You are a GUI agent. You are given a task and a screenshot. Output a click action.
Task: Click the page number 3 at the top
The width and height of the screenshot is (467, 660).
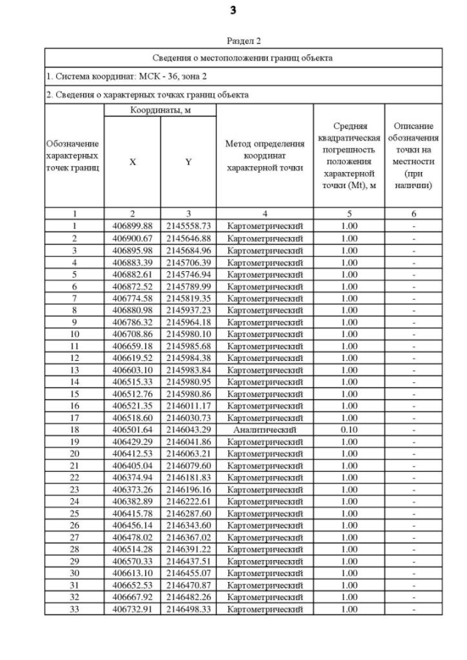click(x=234, y=11)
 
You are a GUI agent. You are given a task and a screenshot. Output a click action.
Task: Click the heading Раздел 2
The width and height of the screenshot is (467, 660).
click(x=234, y=41)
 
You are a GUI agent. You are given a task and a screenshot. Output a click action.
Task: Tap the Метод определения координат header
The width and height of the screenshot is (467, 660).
click(x=265, y=155)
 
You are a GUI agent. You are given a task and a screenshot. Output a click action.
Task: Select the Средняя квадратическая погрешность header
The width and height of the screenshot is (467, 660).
click(x=349, y=155)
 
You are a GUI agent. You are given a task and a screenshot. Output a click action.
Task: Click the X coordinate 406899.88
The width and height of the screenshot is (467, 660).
click(x=132, y=226)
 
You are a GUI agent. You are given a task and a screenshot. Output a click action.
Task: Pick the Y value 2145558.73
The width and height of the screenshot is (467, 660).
click(x=188, y=226)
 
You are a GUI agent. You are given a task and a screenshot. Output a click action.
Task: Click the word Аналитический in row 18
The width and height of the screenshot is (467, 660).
click(x=265, y=430)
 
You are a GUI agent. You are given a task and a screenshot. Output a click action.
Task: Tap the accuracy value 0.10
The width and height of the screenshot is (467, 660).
click(x=349, y=430)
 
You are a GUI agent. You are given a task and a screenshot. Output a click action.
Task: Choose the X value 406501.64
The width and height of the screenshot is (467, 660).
click(x=132, y=430)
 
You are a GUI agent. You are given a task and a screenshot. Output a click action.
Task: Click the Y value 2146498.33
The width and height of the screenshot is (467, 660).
click(x=188, y=608)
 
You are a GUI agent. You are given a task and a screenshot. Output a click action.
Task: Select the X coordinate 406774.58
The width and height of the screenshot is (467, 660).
click(x=132, y=298)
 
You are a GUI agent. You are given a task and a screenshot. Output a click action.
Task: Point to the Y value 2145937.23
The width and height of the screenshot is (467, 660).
click(x=188, y=310)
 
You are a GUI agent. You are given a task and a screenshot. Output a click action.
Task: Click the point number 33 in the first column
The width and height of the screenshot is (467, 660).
click(x=74, y=608)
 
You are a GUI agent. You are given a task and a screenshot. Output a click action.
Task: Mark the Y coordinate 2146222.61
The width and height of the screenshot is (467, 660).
click(x=188, y=501)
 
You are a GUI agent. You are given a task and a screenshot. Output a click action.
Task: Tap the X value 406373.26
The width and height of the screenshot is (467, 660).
click(x=132, y=489)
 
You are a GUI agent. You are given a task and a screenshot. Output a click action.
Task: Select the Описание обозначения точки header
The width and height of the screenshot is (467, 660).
click(x=414, y=155)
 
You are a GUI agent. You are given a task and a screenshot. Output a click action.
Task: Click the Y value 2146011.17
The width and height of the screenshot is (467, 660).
click(x=188, y=405)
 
